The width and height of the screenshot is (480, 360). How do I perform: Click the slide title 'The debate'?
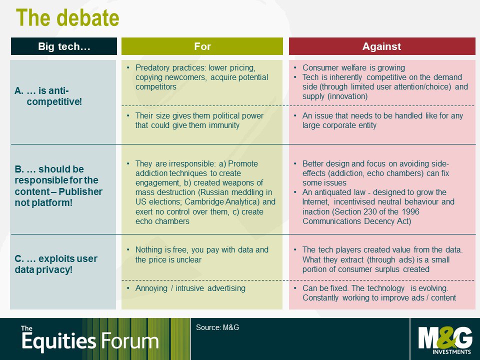point(67,18)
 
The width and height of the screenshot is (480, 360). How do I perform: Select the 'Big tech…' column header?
point(64,46)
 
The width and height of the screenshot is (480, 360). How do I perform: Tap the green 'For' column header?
point(202,46)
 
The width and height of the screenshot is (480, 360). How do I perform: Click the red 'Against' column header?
point(381,46)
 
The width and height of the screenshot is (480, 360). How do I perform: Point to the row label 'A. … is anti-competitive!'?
point(48,96)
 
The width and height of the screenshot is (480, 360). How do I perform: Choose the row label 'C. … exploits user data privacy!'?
point(56,264)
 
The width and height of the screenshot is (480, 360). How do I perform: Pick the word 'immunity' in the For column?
point(224,125)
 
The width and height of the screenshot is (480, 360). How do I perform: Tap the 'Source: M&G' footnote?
point(217,327)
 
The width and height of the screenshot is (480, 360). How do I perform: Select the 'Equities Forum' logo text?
point(90,340)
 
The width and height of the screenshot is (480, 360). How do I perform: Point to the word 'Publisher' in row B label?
point(80,191)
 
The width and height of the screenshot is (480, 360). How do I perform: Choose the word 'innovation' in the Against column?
point(347,96)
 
